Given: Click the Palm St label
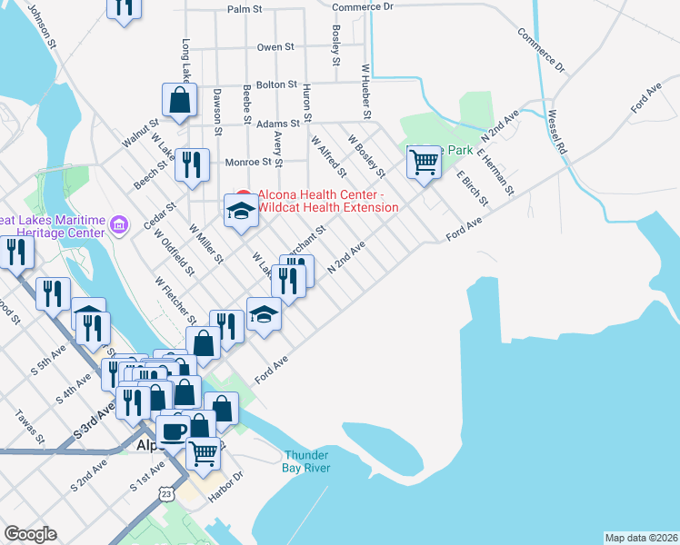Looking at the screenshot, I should pos(245,8).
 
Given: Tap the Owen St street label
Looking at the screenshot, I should pos(275,46).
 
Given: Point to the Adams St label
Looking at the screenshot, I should pos(278,123).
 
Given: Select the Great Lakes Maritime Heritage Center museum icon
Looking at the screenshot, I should pos(117,224).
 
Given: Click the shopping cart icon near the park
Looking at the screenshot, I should pos(424,163).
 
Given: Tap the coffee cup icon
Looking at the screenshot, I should pos(172,431).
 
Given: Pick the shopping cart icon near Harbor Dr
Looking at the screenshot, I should pos(203,451).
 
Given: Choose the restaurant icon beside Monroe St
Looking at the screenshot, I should pos(191,164).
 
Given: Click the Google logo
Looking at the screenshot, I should pos(30,534).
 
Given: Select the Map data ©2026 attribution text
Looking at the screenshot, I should pos(641,538).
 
